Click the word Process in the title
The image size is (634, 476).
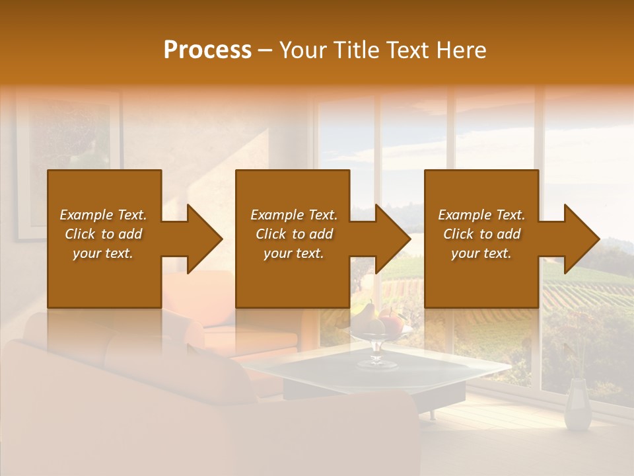click(x=207, y=50)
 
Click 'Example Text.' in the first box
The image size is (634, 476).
click(x=103, y=215)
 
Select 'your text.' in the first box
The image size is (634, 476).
click(x=103, y=253)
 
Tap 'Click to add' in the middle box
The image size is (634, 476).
click(x=294, y=234)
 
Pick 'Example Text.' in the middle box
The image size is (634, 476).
click(x=294, y=215)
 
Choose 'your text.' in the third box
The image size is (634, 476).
click(x=481, y=253)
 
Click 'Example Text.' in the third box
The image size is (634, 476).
click(x=481, y=215)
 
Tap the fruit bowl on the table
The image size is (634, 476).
click(x=376, y=323)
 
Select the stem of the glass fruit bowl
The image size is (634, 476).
click(x=376, y=350)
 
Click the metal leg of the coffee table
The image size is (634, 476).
click(x=433, y=414)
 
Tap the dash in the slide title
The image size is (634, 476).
click(x=265, y=50)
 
